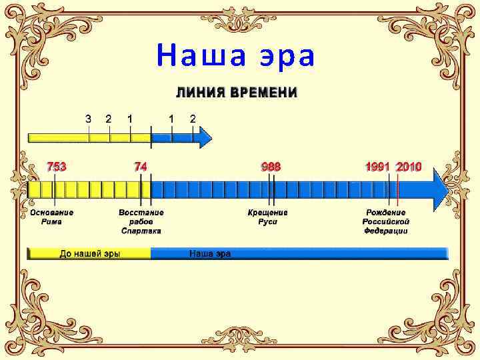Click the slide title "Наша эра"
click(235, 57)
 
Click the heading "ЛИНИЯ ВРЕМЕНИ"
click(237, 93)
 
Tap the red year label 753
click(56, 167)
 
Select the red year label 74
click(141, 167)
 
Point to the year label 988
click(271, 167)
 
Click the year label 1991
click(377, 167)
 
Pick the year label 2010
click(409, 167)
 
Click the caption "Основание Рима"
click(52, 217)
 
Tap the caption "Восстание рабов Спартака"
click(141, 221)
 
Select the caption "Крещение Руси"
click(268, 217)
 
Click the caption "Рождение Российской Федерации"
click(386, 221)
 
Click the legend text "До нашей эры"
click(90, 254)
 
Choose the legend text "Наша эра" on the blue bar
click(210, 254)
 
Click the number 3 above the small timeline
click(89, 118)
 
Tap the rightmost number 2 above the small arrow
click(193, 118)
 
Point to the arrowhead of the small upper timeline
click(205, 138)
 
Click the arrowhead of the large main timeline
click(440, 189)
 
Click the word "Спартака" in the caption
click(141, 231)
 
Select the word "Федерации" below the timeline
click(386, 231)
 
